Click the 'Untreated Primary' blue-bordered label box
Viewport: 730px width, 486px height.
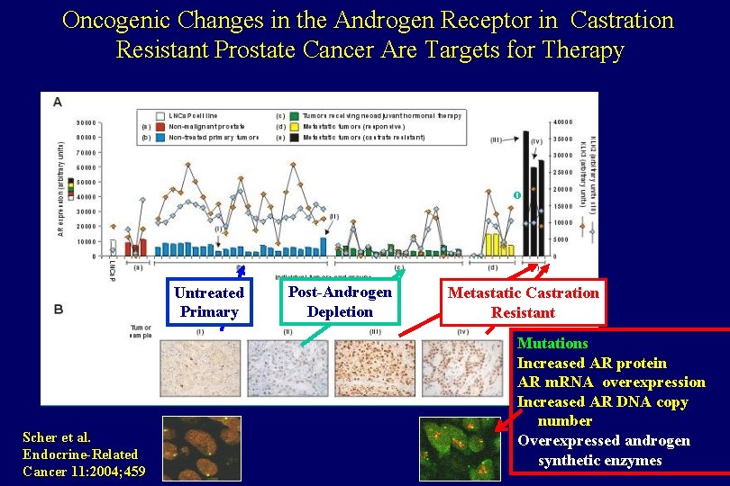coord(208,302)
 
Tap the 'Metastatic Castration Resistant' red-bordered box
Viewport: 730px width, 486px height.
coord(523,302)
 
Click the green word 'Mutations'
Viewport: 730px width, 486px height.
coord(552,343)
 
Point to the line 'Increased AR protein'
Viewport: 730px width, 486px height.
coord(591,363)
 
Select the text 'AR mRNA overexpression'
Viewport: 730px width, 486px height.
coord(610,382)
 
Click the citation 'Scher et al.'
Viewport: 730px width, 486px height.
coord(57,437)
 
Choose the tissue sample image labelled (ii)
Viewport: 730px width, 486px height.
coord(287,368)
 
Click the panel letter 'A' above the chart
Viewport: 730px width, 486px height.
coord(58,102)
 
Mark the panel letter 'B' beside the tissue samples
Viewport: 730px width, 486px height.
coord(58,310)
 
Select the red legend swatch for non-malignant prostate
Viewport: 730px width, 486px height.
coord(160,126)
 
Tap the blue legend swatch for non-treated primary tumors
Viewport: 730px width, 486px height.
coord(160,137)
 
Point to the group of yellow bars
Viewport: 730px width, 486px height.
coord(493,244)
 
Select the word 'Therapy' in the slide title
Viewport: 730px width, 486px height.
coord(584,50)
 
